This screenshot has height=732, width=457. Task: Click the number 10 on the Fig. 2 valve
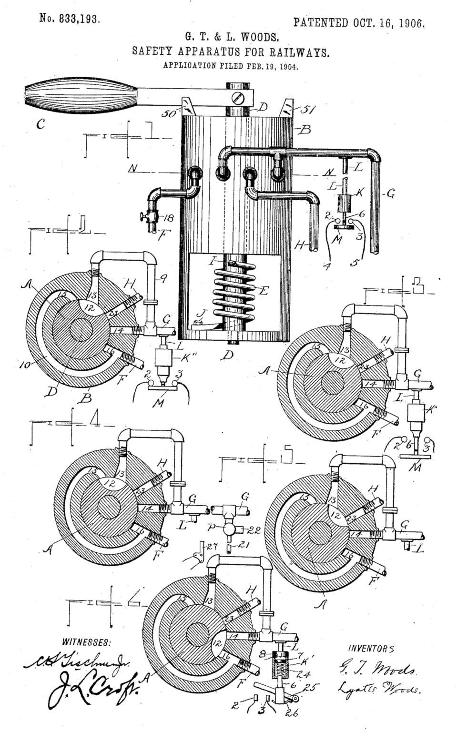point(26,365)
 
